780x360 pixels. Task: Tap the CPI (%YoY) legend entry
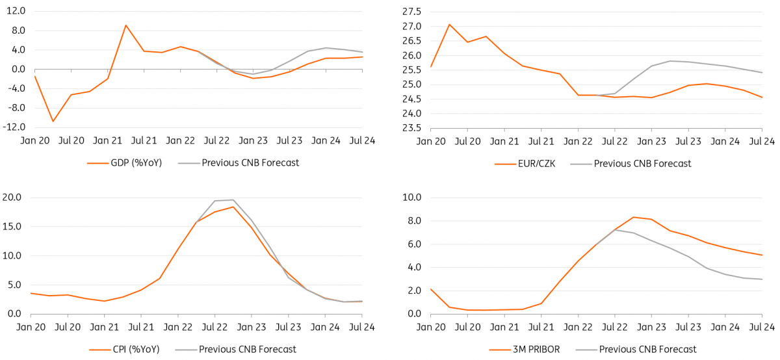tap(130, 348)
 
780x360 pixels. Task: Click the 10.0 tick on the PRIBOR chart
tap(411, 198)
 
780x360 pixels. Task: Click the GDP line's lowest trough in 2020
tap(53, 122)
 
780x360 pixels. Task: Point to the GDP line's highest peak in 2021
tap(125, 25)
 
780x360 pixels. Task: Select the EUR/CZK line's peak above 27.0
tap(449, 24)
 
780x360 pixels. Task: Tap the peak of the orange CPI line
tap(233, 207)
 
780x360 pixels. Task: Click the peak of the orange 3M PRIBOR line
tap(633, 217)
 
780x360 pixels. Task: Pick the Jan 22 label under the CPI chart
tap(177, 327)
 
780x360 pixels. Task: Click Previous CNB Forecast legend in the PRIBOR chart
tap(647, 349)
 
